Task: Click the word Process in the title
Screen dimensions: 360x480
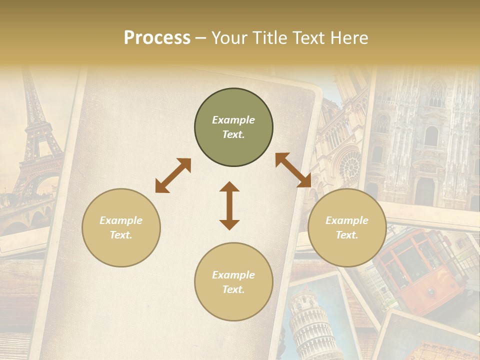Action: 157,38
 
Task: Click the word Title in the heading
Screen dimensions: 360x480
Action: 270,38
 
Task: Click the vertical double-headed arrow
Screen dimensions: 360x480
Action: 229,205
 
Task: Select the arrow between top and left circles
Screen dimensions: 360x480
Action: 173,175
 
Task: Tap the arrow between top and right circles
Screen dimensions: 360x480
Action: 293,170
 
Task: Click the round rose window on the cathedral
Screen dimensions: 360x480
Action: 350,165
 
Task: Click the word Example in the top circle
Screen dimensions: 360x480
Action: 233,120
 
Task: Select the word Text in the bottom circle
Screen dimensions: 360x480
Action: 233,289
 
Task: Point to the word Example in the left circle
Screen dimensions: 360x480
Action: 121,220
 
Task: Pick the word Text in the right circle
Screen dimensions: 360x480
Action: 347,235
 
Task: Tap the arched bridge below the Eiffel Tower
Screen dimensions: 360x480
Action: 25,215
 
